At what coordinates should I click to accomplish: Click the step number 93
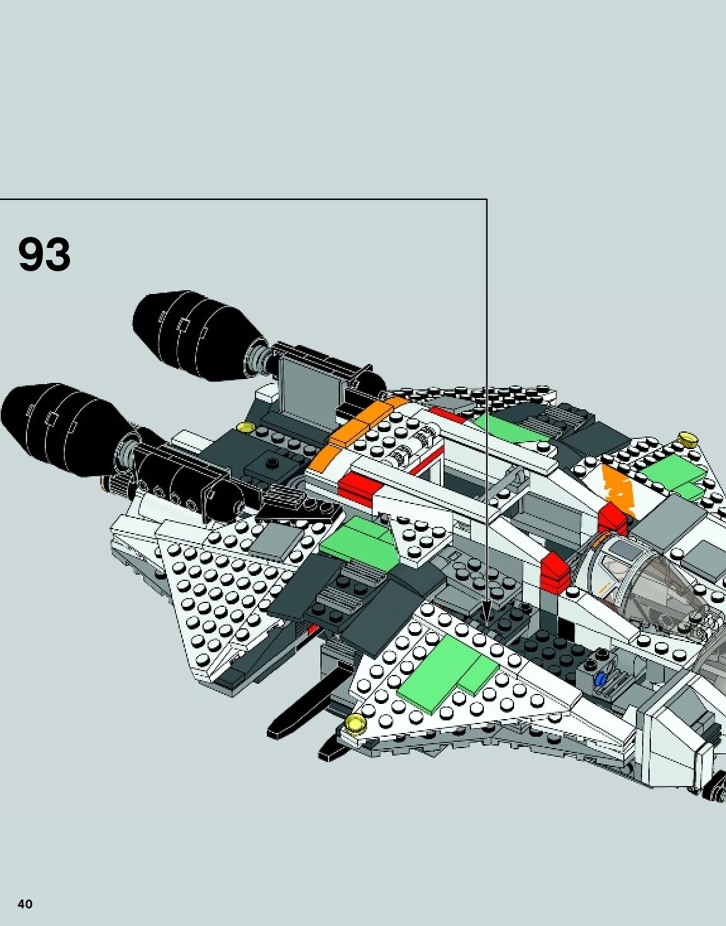pyautogui.click(x=44, y=254)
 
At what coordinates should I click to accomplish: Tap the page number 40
pyautogui.click(x=25, y=904)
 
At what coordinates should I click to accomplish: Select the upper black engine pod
pyautogui.click(x=196, y=336)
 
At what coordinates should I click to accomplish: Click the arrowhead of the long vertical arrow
pyautogui.click(x=486, y=616)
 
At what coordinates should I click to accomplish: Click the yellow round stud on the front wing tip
pyautogui.click(x=355, y=724)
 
